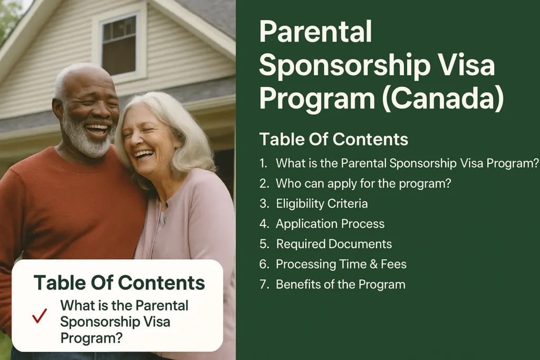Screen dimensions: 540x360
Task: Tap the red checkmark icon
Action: (x=40, y=316)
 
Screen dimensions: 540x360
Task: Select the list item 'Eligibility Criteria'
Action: (x=322, y=204)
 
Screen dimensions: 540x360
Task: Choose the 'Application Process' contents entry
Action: (x=330, y=223)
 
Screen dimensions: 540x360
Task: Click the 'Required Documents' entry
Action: (x=334, y=244)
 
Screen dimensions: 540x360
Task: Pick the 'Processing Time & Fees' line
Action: (x=341, y=264)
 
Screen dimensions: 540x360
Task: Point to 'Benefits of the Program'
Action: (x=340, y=284)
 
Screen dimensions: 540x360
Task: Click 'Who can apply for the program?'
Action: (x=363, y=183)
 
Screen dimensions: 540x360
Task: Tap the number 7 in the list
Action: (x=264, y=285)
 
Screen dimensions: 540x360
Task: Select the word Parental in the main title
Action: (x=315, y=32)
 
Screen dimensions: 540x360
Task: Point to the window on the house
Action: (x=119, y=45)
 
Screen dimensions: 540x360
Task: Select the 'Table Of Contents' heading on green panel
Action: (x=334, y=139)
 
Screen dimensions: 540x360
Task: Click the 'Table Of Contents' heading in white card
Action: (x=119, y=283)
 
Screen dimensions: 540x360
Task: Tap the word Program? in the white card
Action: (x=91, y=338)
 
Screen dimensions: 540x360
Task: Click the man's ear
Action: (x=57, y=110)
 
